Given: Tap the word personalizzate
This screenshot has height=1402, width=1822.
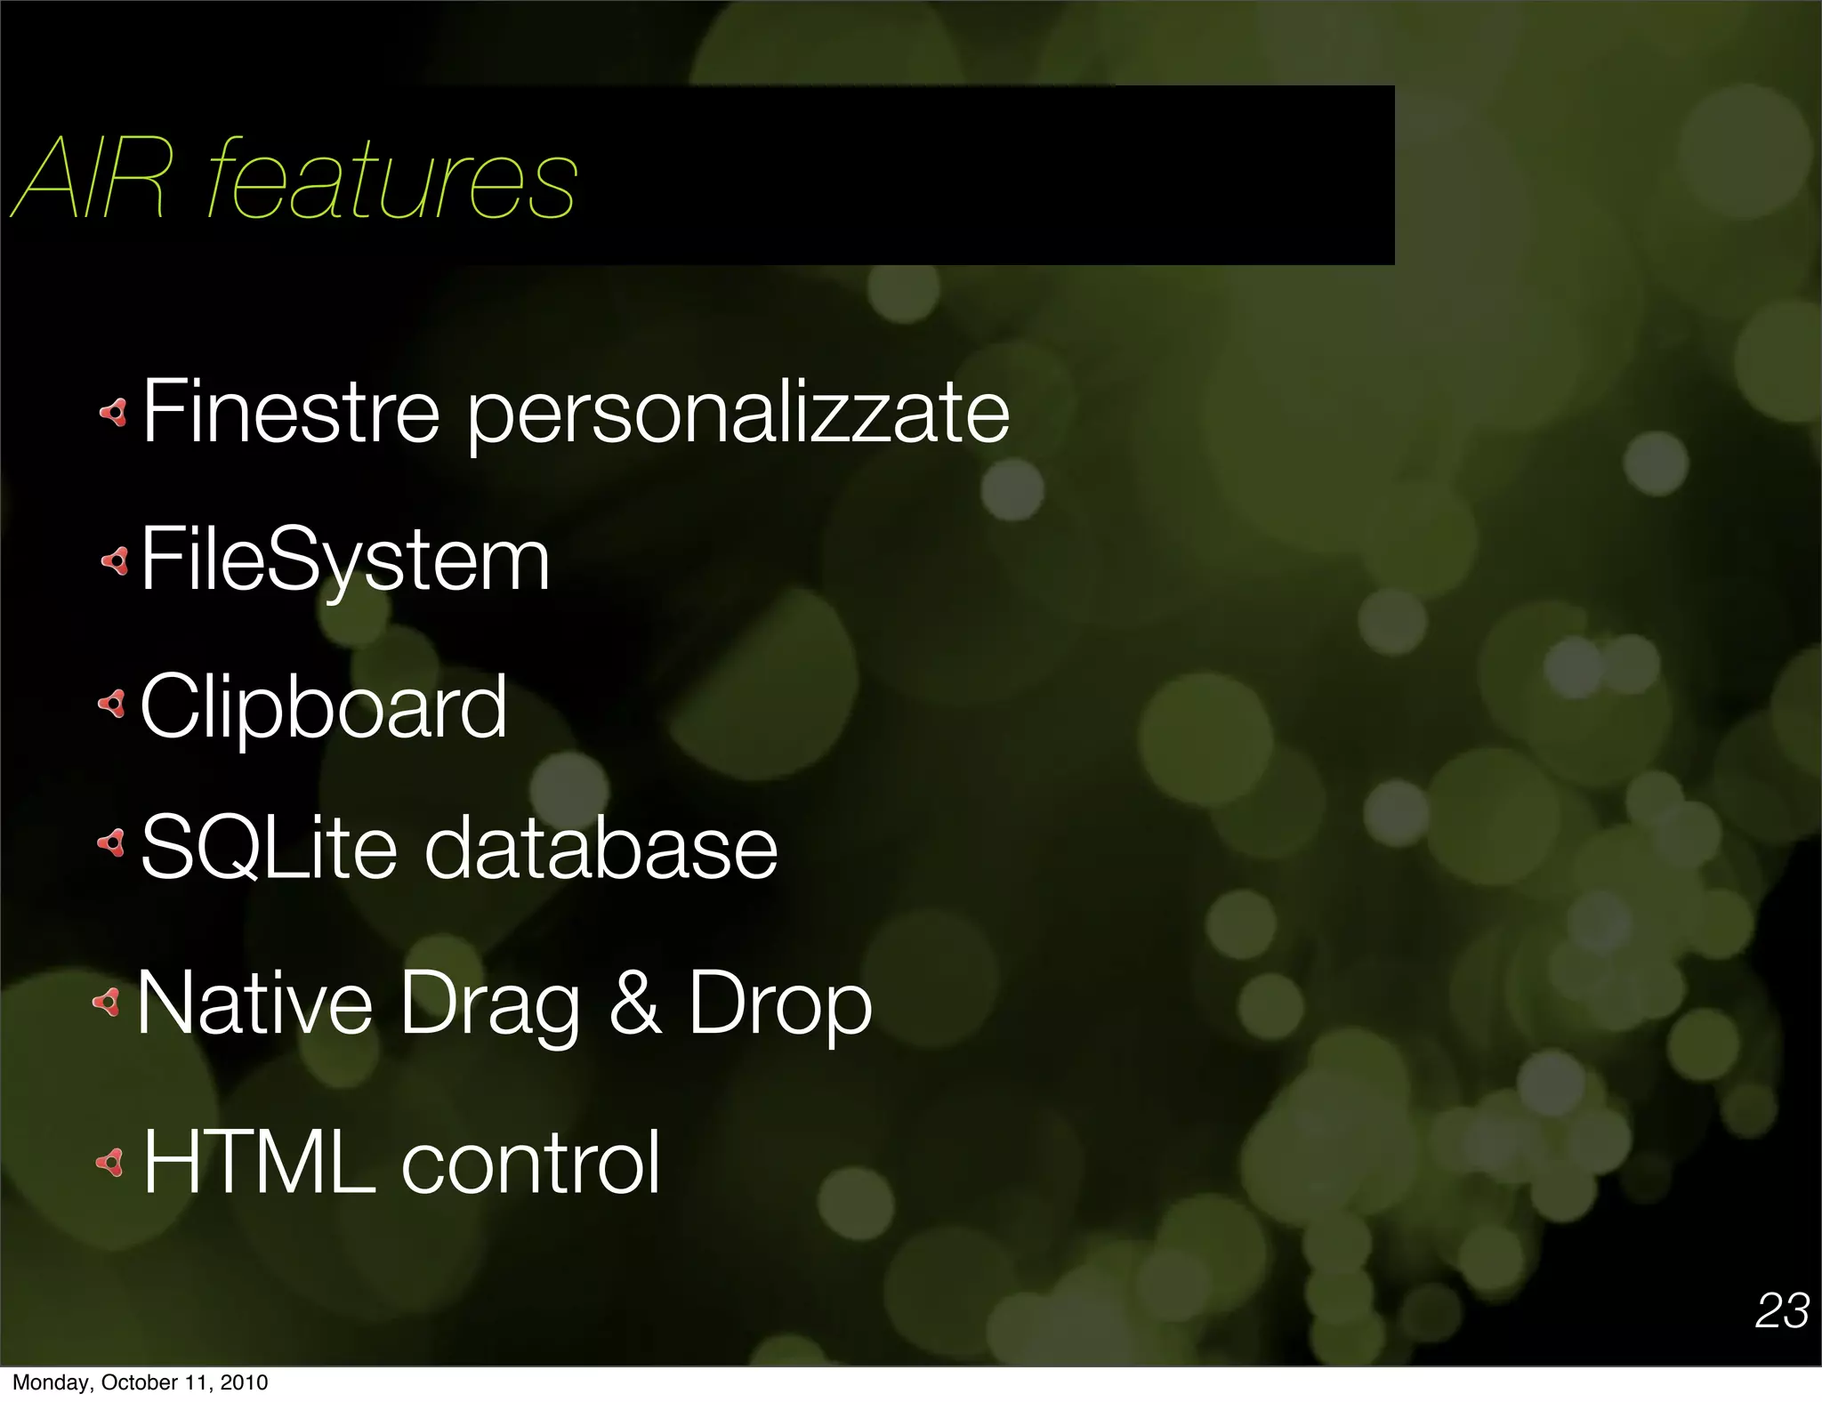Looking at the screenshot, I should [738, 414].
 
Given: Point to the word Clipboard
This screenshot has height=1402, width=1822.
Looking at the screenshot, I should [324, 708].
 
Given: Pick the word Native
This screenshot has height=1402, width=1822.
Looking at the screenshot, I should [254, 1003].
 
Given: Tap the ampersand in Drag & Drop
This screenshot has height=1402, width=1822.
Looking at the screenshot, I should [635, 1003].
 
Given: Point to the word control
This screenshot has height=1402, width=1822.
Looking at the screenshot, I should [531, 1162].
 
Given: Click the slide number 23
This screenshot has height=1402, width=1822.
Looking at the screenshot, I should [1782, 1310].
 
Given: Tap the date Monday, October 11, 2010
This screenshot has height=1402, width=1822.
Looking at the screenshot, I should [140, 1382].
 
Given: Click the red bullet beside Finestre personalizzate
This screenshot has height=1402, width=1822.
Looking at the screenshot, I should [114, 412].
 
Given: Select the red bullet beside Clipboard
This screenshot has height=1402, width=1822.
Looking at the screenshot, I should [112, 705].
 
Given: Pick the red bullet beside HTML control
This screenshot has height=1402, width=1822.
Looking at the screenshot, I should [110, 1162].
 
